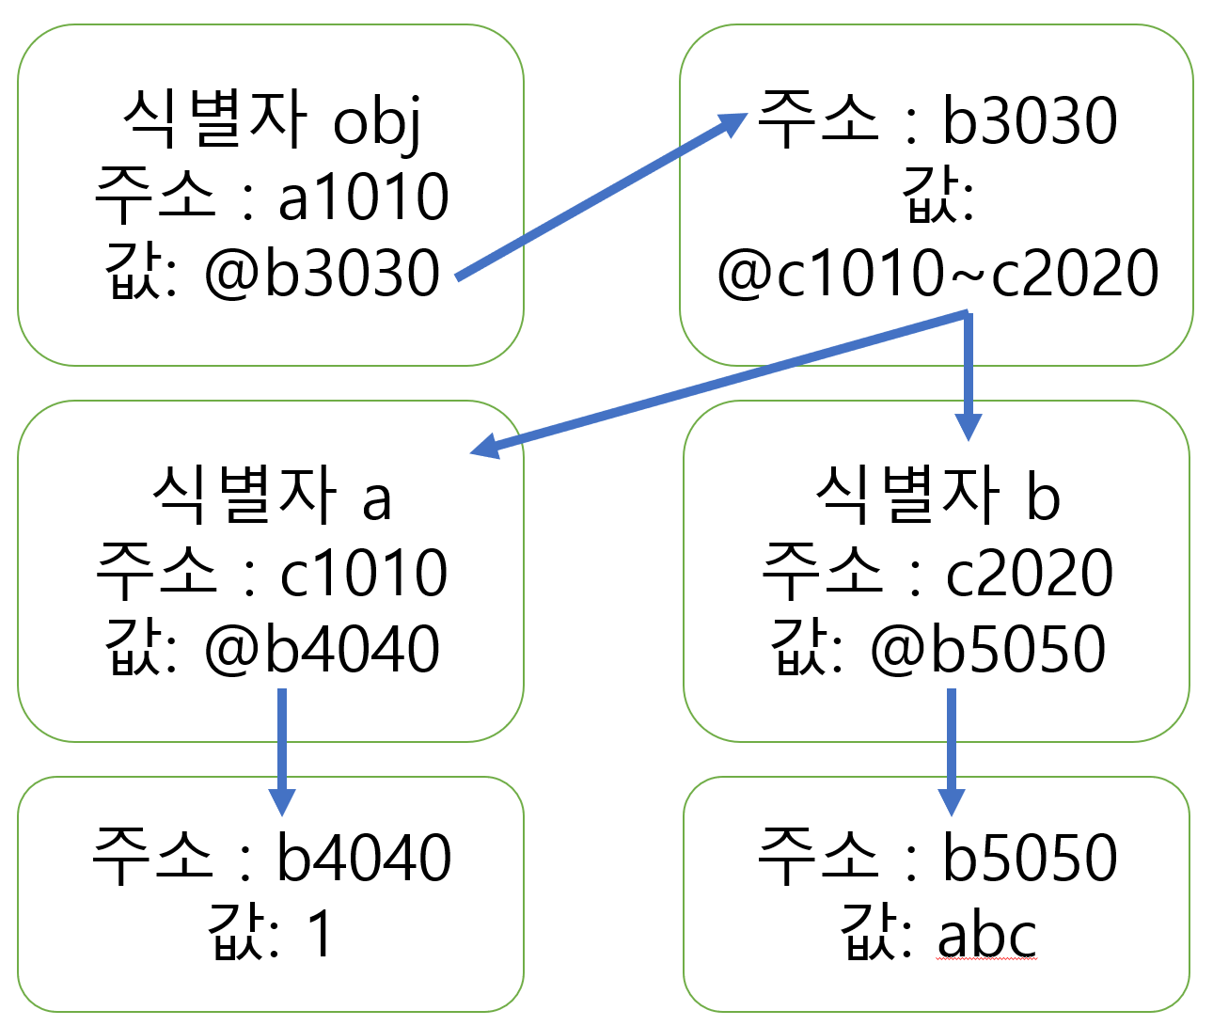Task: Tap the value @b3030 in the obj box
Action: [322, 274]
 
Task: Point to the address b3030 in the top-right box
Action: [1030, 122]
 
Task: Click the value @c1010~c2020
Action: [937, 274]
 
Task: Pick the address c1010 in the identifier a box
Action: [364, 574]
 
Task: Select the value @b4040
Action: [322, 650]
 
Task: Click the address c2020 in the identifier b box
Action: [1030, 574]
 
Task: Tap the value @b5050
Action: [987, 650]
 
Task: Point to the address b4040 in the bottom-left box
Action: [364, 858]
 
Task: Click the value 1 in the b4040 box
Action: [320, 934]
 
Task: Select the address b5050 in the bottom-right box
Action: [1030, 858]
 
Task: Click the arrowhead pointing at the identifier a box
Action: [485, 446]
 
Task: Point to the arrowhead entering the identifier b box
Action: [968, 427]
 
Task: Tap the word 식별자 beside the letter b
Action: [907, 496]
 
